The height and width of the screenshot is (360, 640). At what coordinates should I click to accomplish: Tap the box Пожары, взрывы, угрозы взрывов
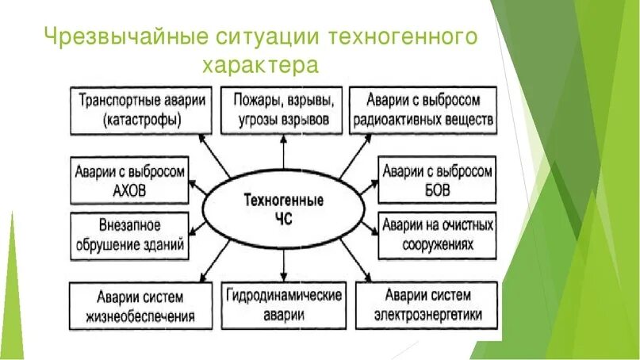[284, 110]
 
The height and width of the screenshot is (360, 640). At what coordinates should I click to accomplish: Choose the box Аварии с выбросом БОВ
[437, 181]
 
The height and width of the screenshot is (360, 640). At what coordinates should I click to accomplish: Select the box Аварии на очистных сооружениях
[437, 235]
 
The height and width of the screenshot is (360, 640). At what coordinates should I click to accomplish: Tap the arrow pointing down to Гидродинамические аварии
[283, 266]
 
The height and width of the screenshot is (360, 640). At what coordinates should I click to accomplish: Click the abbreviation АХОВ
[131, 191]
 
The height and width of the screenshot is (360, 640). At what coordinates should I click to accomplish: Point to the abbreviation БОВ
[438, 191]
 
